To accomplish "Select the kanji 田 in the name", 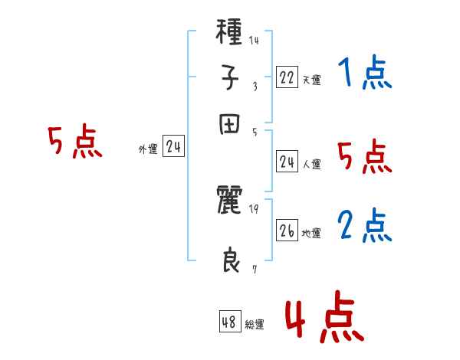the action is click(230, 125).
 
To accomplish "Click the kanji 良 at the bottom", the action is click(230, 261).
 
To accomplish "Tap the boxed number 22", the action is click(287, 77).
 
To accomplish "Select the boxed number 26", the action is click(287, 231).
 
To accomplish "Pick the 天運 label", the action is click(310, 80).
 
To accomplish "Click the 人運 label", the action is click(310, 164).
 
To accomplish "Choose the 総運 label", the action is click(255, 325).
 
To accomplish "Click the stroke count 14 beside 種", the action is click(254, 41).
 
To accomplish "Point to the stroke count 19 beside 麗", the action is click(254, 208).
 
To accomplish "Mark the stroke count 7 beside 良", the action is click(254, 269).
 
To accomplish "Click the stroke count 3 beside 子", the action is click(255, 86).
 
